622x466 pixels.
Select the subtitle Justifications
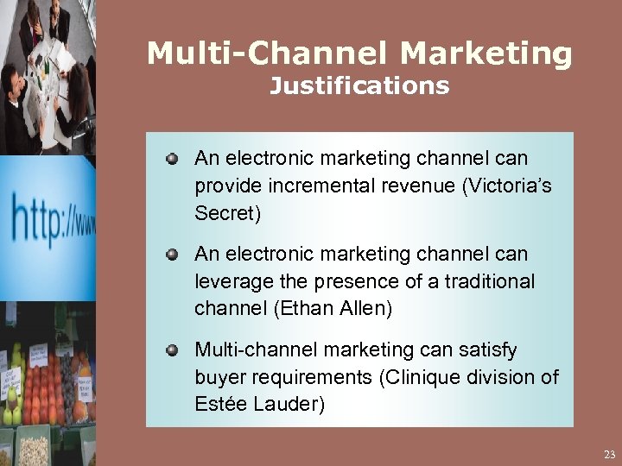click(x=359, y=86)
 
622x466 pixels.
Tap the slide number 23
click(x=610, y=454)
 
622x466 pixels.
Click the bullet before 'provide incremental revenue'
click(x=173, y=159)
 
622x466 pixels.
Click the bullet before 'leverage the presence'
click(x=173, y=255)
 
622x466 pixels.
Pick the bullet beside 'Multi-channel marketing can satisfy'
click(x=173, y=350)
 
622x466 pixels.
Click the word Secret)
click(x=226, y=212)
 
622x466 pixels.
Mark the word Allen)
click(x=365, y=308)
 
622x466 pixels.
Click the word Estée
click(x=219, y=404)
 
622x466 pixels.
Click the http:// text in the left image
click(x=52, y=216)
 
